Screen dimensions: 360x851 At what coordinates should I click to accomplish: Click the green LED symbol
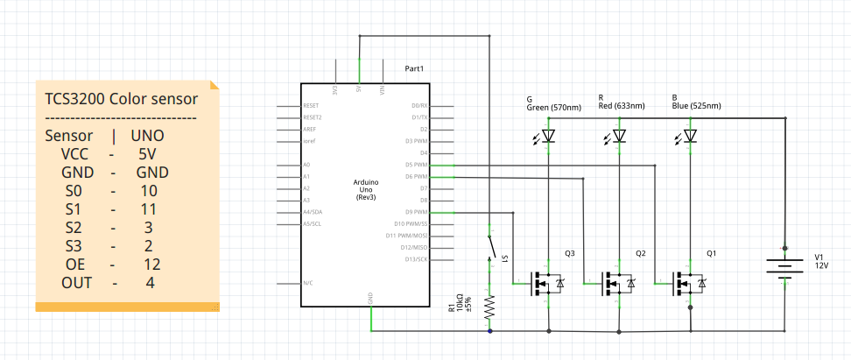(x=549, y=136)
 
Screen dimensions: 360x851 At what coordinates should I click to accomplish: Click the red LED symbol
(x=620, y=136)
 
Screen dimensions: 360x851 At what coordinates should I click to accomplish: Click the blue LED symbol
(x=691, y=136)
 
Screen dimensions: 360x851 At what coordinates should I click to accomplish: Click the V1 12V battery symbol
(x=784, y=265)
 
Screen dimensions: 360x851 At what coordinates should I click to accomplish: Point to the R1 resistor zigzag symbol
(x=489, y=307)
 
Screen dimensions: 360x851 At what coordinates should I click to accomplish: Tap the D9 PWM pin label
(x=415, y=212)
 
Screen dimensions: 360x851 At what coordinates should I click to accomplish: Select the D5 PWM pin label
(x=415, y=165)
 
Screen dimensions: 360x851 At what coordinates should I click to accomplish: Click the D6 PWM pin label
(x=415, y=176)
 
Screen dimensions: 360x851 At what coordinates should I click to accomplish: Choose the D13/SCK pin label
(x=412, y=259)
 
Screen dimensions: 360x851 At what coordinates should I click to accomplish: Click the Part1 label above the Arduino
(x=414, y=68)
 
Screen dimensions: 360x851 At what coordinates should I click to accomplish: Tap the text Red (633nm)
(x=622, y=106)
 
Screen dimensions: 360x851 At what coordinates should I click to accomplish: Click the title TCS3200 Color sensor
(x=121, y=98)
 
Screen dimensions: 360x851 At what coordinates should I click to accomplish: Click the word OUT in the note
(x=76, y=283)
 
